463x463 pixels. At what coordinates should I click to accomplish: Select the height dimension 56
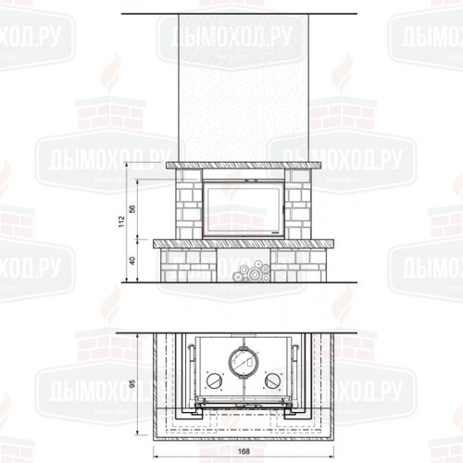(x=132, y=210)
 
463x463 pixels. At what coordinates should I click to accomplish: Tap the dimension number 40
(x=132, y=261)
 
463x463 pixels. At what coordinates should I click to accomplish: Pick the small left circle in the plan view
(x=216, y=382)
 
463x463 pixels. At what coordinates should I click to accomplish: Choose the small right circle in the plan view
(x=272, y=382)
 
